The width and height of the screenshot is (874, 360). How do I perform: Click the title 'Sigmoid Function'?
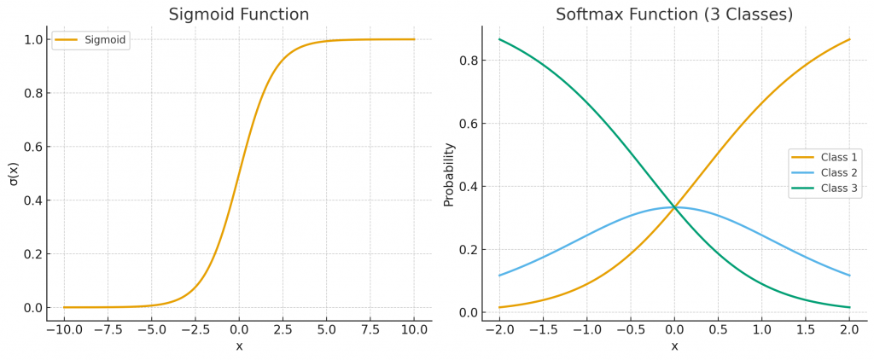point(238,15)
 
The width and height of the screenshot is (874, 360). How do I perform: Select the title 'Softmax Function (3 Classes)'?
point(673,15)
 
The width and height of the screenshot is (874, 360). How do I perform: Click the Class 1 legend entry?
point(824,157)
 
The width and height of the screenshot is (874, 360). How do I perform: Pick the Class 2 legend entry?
point(824,172)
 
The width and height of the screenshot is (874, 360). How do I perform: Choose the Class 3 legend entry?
point(824,188)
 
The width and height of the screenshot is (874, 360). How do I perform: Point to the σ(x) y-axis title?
point(15,173)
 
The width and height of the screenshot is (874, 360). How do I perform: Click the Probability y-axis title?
point(449,174)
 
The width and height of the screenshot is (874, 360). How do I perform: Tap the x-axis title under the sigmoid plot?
point(238,346)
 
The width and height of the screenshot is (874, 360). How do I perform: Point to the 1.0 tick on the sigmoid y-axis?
point(32,39)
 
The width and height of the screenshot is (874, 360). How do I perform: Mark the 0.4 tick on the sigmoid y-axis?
point(32,200)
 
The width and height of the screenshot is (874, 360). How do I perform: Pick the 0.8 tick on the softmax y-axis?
point(466,61)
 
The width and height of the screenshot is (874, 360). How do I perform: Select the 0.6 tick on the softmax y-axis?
point(466,124)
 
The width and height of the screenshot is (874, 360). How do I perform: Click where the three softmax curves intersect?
point(674,207)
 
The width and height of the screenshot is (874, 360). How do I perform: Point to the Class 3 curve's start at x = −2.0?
point(499,39)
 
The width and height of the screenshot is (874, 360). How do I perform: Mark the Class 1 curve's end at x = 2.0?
point(849,39)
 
